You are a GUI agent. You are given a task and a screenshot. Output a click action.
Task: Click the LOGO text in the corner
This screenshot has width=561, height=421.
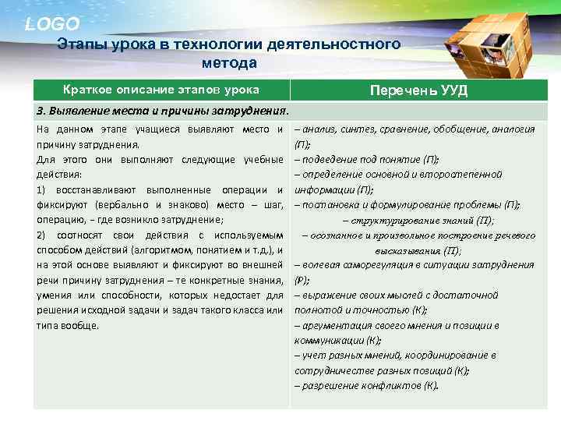(52, 24)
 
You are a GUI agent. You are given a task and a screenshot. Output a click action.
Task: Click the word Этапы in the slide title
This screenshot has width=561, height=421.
(80, 44)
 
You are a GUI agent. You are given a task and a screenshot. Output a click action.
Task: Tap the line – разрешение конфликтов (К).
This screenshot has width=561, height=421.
(366, 385)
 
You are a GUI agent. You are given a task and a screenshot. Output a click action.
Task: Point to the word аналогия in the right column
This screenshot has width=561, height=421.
(513, 129)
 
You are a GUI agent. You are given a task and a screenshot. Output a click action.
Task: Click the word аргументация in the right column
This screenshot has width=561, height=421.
(330, 324)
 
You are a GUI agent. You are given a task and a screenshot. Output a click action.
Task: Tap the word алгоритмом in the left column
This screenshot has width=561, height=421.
(205, 249)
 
